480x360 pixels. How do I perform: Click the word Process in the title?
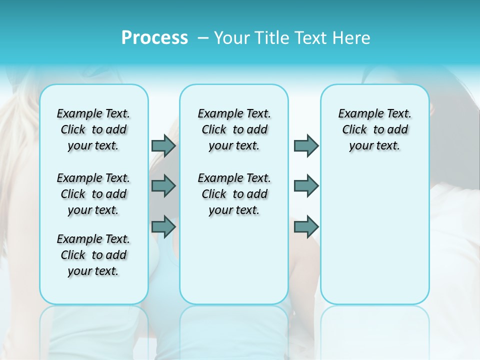(x=154, y=37)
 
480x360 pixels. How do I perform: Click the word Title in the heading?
(x=270, y=37)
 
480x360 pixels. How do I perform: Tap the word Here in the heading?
(x=352, y=37)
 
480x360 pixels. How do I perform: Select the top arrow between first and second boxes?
(x=163, y=145)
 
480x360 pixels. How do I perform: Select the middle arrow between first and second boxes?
(x=163, y=186)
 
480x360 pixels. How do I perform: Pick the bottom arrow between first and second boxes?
(x=163, y=226)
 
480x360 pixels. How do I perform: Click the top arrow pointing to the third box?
(x=306, y=145)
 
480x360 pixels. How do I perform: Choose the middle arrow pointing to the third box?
(x=306, y=186)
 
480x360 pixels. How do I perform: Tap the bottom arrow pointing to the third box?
(x=306, y=226)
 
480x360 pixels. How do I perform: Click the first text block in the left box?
(x=93, y=129)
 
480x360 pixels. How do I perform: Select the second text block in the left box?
(x=93, y=194)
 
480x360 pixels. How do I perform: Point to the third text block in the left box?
(x=93, y=255)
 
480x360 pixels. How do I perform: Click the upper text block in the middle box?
(x=234, y=129)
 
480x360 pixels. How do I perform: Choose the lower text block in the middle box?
(x=234, y=194)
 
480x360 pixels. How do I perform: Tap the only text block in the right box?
(x=374, y=129)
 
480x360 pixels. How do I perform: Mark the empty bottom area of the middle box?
(x=234, y=265)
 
